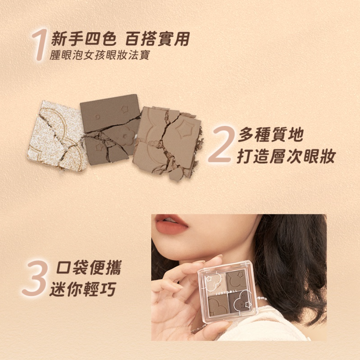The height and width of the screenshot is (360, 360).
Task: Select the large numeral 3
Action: click(35, 278)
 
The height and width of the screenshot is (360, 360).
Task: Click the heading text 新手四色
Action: click(84, 39)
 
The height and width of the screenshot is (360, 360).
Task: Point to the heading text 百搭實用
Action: click(158, 39)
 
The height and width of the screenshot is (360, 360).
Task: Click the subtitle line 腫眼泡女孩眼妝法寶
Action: click(100, 55)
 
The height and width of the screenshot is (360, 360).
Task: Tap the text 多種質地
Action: click(271, 135)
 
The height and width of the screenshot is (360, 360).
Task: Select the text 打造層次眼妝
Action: click(286, 156)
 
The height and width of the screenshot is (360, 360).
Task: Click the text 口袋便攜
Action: click(88, 268)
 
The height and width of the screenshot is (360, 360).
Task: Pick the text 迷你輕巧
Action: click(82, 289)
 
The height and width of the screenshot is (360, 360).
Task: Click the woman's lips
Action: click(171, 224)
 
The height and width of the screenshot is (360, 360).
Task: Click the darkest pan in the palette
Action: click(239, 305)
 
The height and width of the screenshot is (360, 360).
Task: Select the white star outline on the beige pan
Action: click(209, 278)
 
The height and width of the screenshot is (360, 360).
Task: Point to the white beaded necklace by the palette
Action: click(263, 298)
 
